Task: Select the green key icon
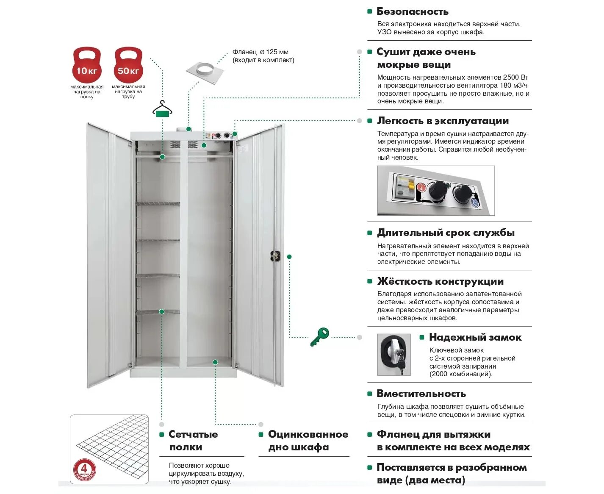[319, 336]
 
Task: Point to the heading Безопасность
[412, 11]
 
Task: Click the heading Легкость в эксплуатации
[443, 121]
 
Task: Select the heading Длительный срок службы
[446, 233]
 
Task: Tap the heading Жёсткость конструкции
[440, 281]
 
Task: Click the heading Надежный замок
[475, 337]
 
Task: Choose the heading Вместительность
[421, 394]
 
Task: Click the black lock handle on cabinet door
[275, 255]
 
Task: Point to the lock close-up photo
[394, 355]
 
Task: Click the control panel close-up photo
[435, 191]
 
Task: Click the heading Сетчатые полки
[193, 441]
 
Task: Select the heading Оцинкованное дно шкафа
[308, 441]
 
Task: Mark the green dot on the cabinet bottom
[215, 362]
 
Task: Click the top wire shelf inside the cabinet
[158, 204]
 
